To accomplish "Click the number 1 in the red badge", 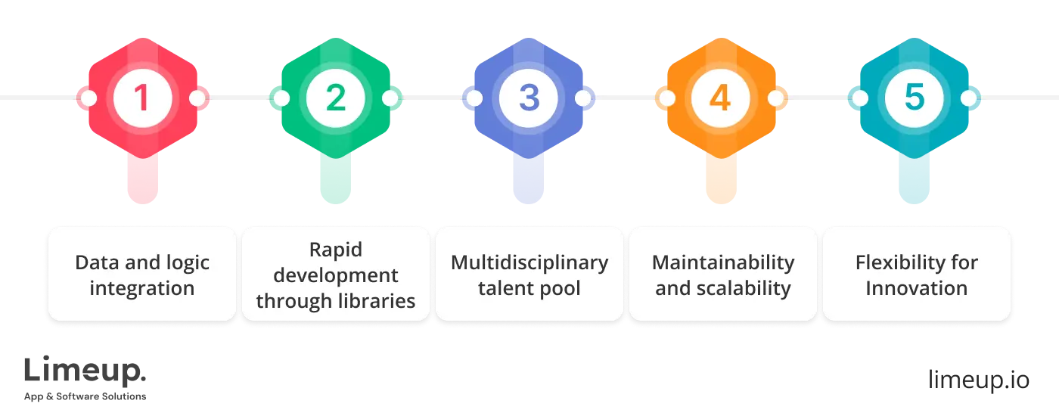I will click(x=142, y=98).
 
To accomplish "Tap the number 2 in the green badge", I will click(x=336, y=98).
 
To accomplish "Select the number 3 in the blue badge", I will click(x=529, y=98).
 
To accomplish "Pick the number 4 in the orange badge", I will click(x=722, y=98).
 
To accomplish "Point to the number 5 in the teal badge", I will click(x=915, y=98).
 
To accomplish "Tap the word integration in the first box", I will click(x=142, y=288).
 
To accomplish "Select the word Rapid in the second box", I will click(x=336, y=250).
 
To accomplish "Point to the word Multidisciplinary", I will click(x=529, y=263).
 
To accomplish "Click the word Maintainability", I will click(x=723, y=263).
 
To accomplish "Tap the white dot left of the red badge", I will click(x=89, y=98).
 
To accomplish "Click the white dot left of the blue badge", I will click(x=475, y=98).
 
